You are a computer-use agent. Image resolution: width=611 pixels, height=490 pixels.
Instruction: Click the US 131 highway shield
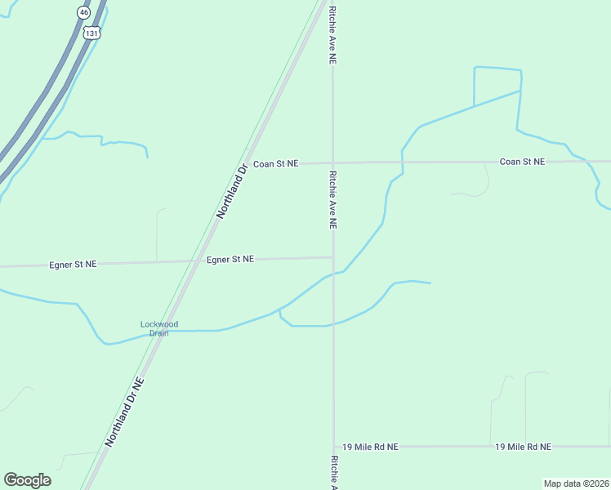(92, 33)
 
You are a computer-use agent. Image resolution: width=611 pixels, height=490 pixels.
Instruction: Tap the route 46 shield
(84, 12)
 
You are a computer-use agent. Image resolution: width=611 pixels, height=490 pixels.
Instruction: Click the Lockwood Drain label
(159, 328)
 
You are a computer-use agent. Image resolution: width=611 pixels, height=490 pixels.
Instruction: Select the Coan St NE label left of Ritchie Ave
(276, 164)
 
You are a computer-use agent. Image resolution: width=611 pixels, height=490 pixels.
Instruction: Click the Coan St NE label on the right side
(522, 162)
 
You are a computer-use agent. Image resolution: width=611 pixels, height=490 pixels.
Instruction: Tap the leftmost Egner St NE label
(73, 265)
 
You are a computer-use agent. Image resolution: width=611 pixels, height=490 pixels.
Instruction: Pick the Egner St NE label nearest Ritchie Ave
(230, 259)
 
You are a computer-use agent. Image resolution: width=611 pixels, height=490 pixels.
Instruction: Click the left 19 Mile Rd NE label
(370, 447)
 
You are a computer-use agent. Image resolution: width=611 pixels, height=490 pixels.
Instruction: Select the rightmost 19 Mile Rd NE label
(523, 447)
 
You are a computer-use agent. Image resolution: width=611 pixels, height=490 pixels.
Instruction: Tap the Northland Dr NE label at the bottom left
(124, 412)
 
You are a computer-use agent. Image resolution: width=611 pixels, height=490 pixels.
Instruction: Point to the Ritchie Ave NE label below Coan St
(332, 200)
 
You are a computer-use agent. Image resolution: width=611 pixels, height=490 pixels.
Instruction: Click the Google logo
(27, 480)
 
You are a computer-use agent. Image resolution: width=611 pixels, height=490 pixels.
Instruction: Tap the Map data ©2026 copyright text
(576, 483)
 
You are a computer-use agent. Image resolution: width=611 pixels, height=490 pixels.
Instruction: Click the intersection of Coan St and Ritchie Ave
(332, 163)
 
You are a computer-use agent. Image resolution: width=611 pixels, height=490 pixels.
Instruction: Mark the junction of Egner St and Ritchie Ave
(332, 257)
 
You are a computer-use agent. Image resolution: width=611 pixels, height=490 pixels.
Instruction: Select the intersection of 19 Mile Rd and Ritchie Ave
(333, 447)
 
